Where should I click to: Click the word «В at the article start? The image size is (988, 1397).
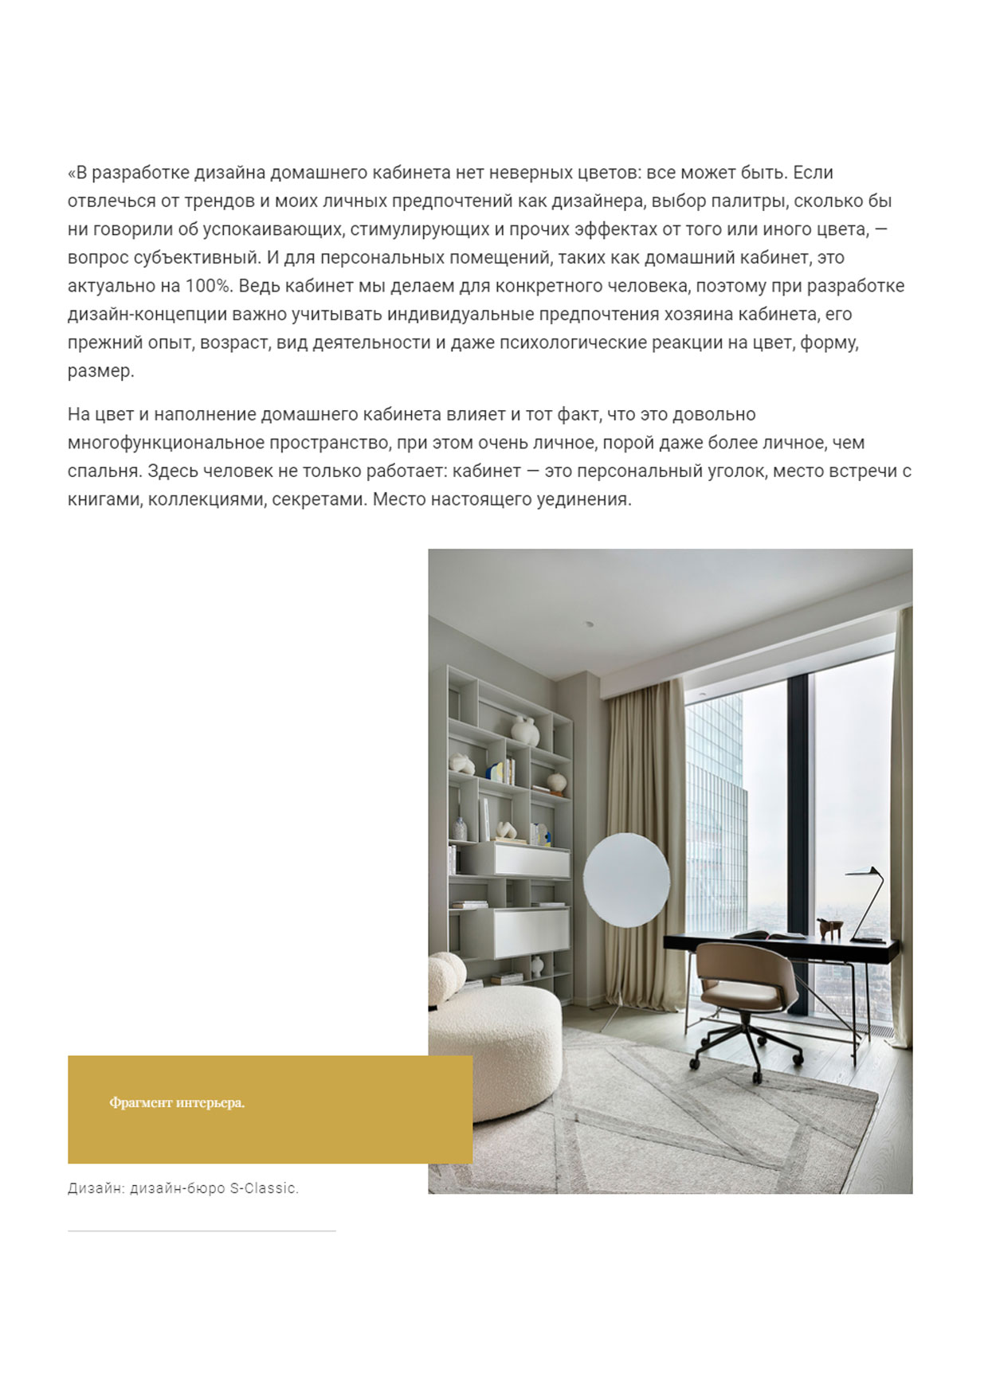click(76, 173)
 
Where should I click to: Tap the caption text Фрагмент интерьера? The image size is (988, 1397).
click(177, 1103)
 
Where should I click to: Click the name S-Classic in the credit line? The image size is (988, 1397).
click(264, 1188)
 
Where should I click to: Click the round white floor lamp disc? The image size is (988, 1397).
click(626, 879)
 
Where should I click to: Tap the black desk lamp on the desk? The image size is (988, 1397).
click(868, 900)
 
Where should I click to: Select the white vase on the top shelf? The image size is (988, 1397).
click(524, 730)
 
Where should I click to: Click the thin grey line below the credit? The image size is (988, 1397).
click(202, 1231)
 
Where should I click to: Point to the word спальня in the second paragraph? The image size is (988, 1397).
click(104, 472)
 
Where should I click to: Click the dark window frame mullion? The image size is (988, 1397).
click(798, 836)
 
